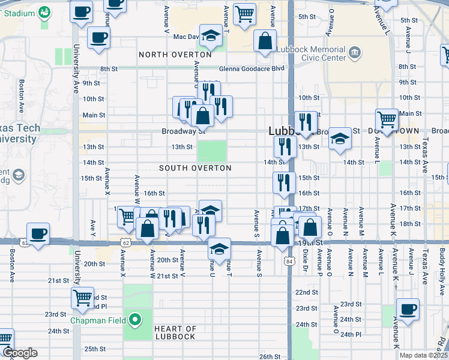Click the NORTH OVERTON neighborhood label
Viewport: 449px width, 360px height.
[x=175, y=55]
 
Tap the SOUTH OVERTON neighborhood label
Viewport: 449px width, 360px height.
[x=195, y=168]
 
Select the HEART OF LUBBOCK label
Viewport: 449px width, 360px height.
[x=175, y=332]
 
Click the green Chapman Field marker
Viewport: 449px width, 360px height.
[x=136, y=320]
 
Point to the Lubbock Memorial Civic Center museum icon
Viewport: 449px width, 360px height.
[x=355, y=53]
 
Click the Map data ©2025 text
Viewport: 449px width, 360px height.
[x=423, y=355]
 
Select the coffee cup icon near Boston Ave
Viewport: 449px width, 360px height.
[x=38, y=233]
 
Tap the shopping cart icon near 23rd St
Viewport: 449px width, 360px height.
[x=82, y=296]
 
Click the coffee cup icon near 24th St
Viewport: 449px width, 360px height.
[x=408, y=310]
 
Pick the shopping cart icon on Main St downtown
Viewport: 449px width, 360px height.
[x=387, y=118]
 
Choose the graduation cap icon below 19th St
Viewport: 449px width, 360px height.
[x=220, y=248]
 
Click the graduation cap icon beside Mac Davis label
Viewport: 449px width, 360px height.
[x=211, y=35]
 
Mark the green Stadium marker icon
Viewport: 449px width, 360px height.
[x=44, y=11]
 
